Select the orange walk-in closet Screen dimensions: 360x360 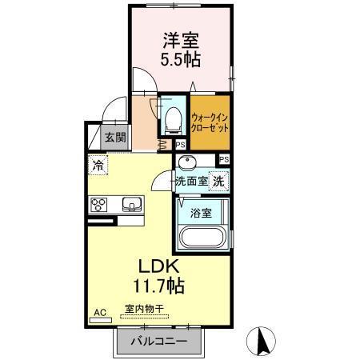(x=211, y=122)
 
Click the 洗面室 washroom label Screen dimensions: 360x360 (x=192, y=181)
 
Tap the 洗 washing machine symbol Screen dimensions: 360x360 (x=218, y=181)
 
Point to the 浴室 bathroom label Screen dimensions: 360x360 (x=201, y=214)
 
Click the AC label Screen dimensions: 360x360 (x=100, y=311)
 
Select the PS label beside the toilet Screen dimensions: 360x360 (x=180, y=145)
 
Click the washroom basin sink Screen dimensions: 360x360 (x=186, y=164)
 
